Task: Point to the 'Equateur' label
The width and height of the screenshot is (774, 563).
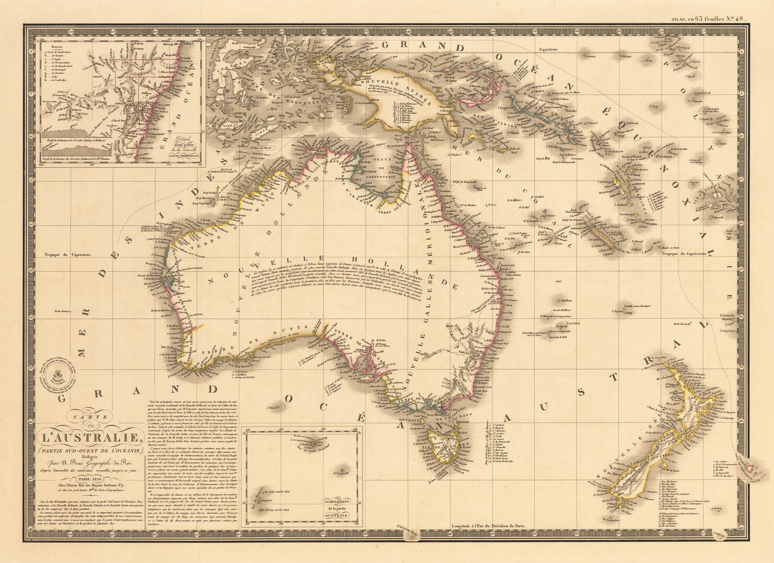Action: (545, 49)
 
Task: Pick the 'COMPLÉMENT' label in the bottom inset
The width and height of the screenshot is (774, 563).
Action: (335, 503)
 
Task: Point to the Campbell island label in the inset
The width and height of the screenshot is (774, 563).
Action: (340, 474)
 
